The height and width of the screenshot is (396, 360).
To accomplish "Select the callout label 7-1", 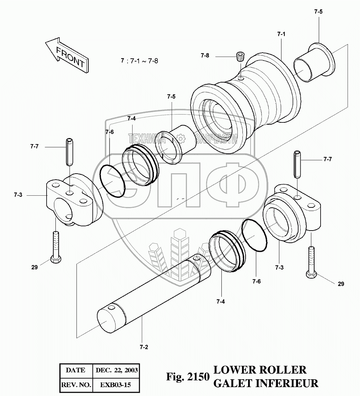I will [x=281, y=34].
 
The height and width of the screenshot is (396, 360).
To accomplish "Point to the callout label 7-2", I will [x=144, y=347].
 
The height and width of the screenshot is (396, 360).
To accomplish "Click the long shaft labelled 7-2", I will [x=153, y=292].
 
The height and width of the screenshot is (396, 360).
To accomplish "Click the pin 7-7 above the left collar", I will [x=69, y=153].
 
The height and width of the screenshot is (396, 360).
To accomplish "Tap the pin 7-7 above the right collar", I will [x=297, y=164].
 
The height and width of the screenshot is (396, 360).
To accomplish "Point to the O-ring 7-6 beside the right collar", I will [x=254, y=236].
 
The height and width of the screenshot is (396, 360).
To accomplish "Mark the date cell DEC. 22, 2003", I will [x=117, y=370].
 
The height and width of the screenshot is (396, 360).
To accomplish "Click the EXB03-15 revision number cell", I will [x=115, y=385].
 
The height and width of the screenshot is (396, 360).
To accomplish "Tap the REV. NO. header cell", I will [x=75, y=385].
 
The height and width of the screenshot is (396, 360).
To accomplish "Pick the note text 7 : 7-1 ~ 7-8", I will [x=139, y=61].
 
